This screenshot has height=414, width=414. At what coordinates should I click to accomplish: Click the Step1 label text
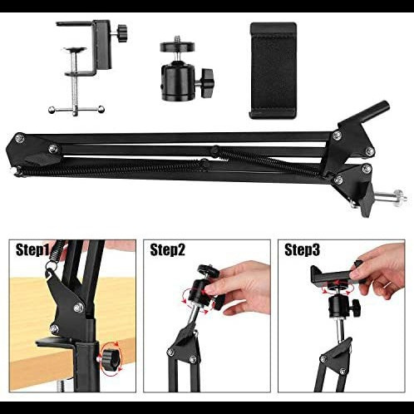[x=32, y=250]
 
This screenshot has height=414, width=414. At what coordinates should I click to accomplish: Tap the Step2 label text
[x=167, y=250]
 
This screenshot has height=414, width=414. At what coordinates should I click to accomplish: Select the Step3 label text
[x=302, y=250]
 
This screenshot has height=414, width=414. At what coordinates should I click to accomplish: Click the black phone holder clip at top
[x=274, y=71]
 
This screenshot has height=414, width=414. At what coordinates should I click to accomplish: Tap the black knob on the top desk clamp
[x=122, y=33]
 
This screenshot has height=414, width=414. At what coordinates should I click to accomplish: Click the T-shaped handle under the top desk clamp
[x=76, y=110]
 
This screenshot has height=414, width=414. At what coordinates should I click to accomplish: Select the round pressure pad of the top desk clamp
[x=75, y=49]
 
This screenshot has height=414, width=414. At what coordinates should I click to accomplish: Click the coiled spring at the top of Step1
[x=57, y=252]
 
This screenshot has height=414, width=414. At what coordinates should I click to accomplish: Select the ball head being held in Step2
[x=204, y=288]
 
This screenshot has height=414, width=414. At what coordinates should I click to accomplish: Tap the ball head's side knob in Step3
[x=356, y=308]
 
